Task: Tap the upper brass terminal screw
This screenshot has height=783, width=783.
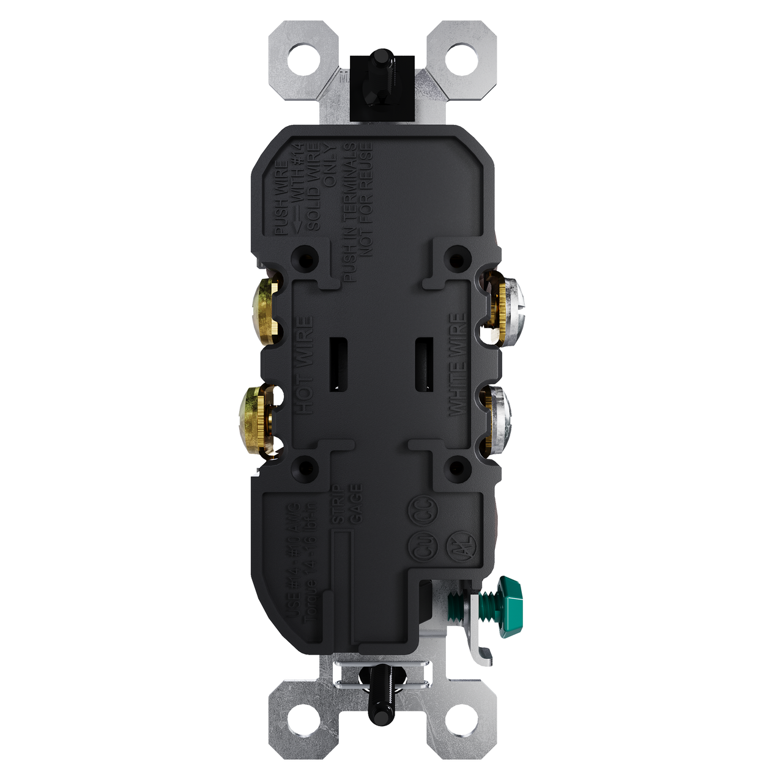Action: (x=264, y=303)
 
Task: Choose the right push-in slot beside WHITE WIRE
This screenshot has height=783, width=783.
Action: (x=421, y=365)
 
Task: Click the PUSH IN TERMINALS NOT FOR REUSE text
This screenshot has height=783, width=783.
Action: (x=357, y=213)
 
